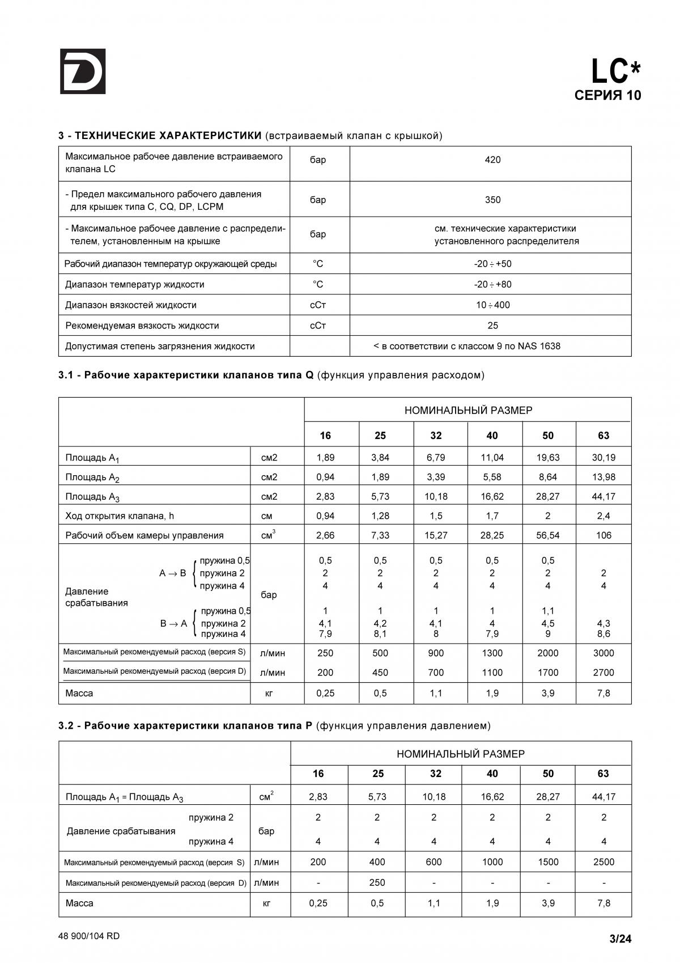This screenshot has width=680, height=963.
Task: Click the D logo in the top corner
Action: [x=83, y=71]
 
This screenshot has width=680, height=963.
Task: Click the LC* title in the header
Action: [x=615, y=72]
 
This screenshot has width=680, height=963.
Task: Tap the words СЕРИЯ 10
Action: [x=607, y=95]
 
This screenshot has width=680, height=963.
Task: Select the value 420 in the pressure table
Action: [x=492, y=160]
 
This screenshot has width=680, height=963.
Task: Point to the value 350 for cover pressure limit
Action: [x=492, y=200]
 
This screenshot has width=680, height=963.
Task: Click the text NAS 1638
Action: [x=539, y=346]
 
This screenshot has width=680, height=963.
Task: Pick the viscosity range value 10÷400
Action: [x=492, y=305]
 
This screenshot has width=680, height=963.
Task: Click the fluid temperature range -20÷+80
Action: [x=492, y=285]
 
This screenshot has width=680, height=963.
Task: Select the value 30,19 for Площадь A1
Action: [x=603, y=458]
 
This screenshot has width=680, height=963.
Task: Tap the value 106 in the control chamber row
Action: [x=603, y=535]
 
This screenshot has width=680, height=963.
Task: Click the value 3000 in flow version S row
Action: [x=603, y=653]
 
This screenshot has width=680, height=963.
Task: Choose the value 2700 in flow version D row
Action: [x=603, y=673]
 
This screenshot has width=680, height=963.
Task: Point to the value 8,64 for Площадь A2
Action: [x=548, y=477]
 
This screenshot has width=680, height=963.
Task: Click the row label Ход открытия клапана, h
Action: [x=120, y=516]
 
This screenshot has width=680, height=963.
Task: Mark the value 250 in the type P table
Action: [x=377, y=882]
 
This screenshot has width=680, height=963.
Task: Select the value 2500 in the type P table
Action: [x=603, y=862]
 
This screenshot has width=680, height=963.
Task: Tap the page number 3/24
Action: [x=620, y=939]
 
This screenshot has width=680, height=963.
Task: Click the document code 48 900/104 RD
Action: [x=89, y=936]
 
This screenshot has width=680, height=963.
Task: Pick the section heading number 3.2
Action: [x=67, y=726]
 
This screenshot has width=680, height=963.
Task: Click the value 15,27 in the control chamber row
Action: [x=436, y=535]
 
